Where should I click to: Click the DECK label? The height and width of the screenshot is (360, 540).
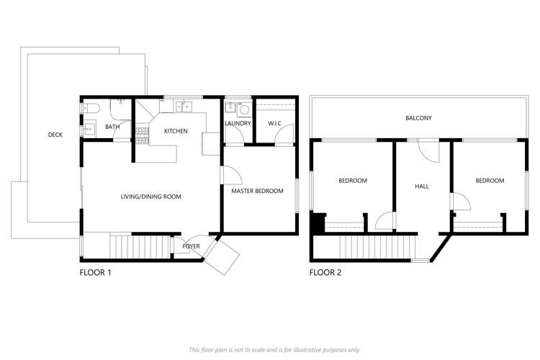[55, 135]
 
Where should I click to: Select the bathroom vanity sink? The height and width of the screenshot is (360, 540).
[89, 130]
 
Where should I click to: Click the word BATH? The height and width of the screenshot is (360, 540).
[112, 127]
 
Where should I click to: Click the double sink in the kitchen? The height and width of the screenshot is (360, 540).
[183, 107]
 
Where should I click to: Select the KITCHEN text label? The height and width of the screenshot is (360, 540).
[176, 131]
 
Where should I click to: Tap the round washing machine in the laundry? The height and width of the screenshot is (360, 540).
[243, 110]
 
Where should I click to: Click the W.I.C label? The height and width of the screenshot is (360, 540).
[274, 123]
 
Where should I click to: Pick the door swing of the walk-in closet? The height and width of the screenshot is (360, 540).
[286, 133]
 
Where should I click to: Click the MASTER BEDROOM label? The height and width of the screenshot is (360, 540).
[257, 191]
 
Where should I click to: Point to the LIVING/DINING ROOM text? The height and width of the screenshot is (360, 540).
[150, 196]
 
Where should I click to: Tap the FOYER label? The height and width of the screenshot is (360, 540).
[190, 246]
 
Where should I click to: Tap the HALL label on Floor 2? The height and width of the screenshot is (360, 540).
[422, 186]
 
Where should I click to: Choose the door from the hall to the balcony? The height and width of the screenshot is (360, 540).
[428, 150]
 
